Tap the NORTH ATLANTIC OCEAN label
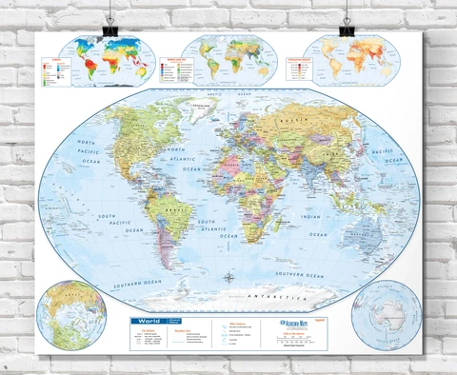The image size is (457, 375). point(180,158)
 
